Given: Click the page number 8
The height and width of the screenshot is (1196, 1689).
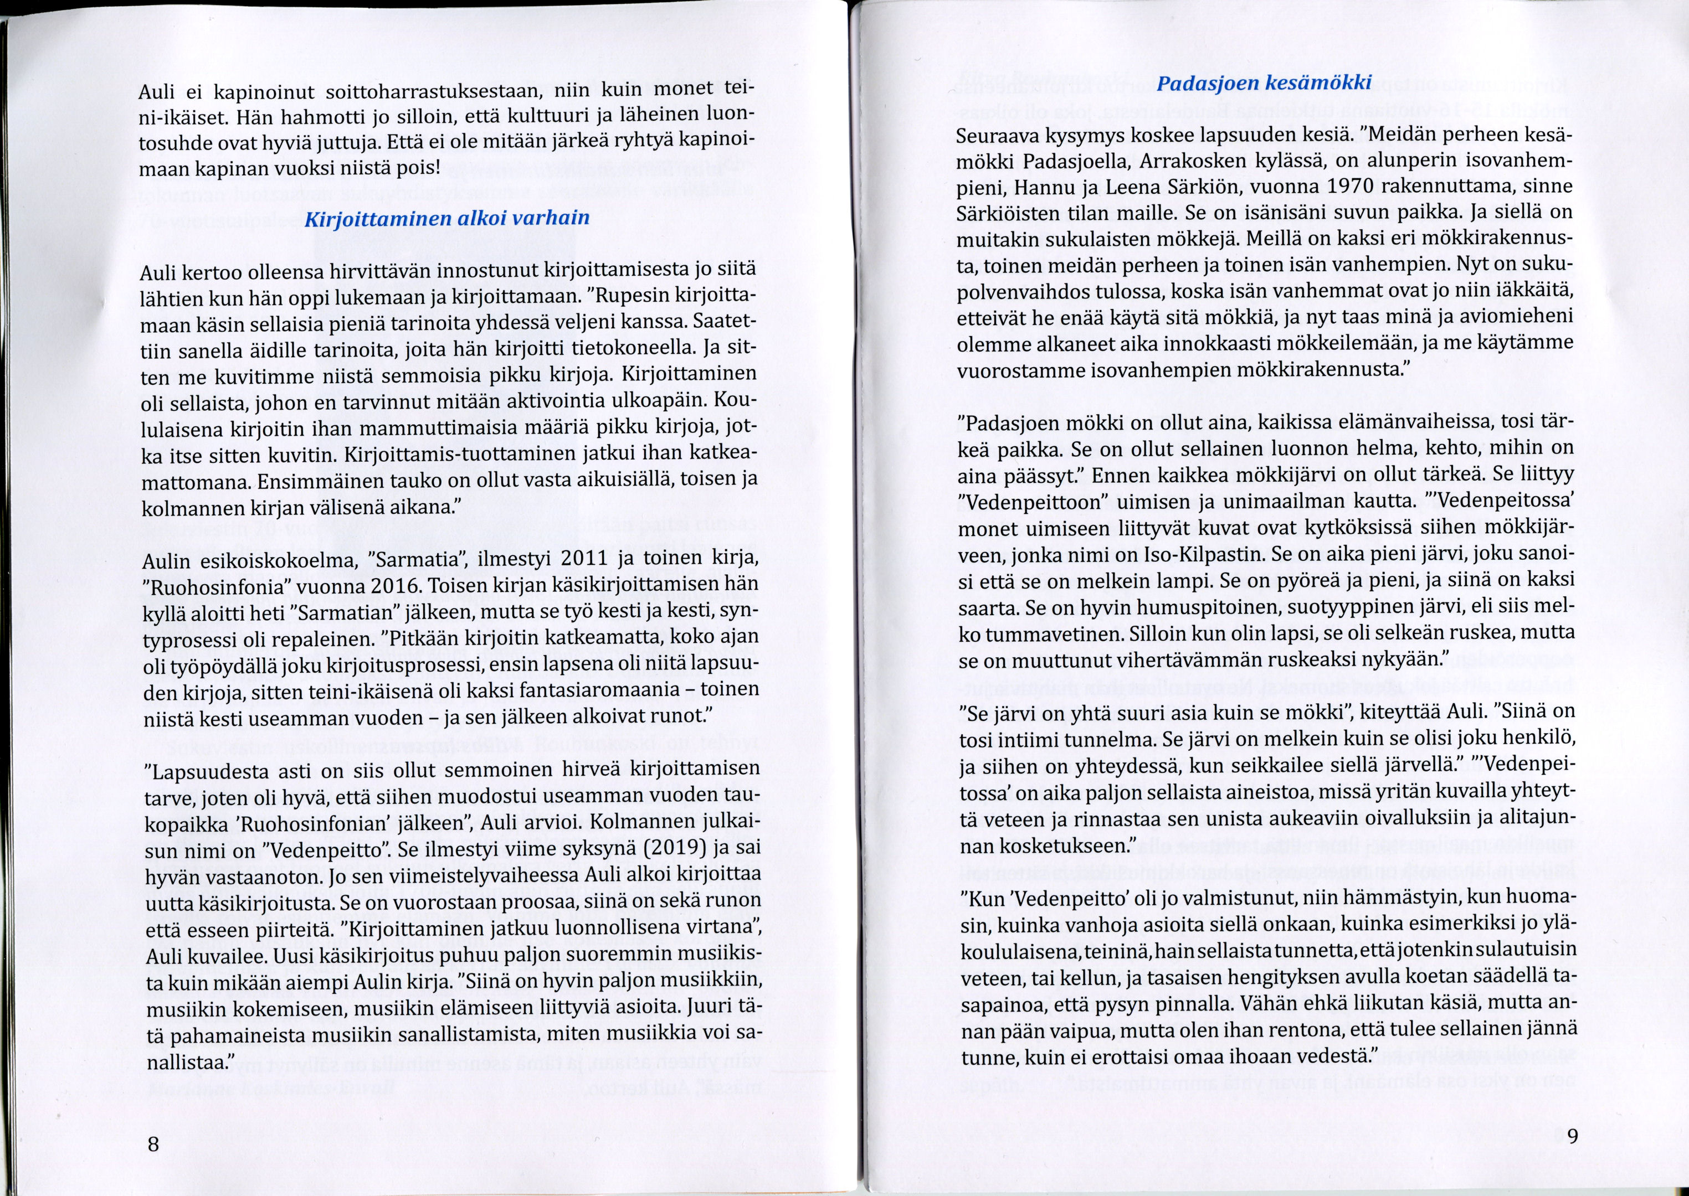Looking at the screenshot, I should point(153,1145).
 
